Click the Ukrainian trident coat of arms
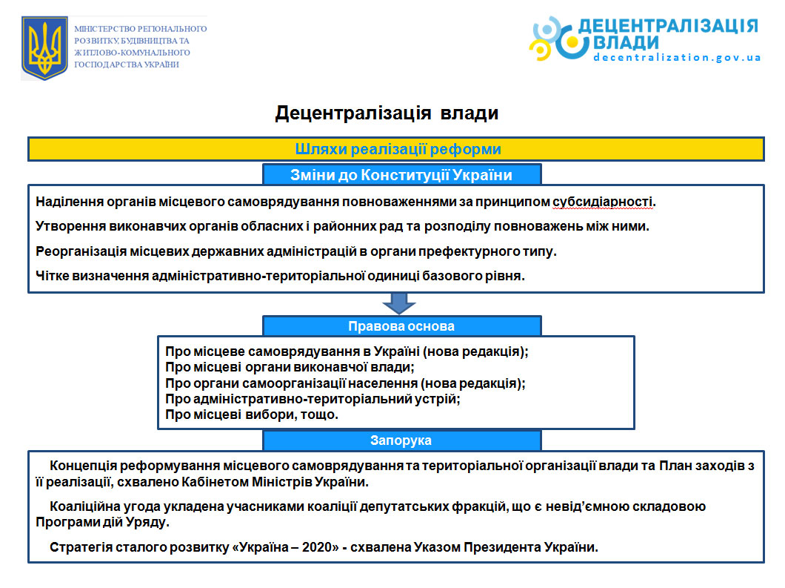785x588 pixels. (x=44, y=49)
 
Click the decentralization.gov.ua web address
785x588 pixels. (x=677, y=58)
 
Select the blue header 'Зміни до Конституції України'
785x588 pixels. (x=401, y=175)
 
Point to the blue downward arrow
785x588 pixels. (x=399, y=303)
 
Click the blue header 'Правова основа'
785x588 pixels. (x=401, y=326)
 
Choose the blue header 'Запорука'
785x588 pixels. (x=401, y=440)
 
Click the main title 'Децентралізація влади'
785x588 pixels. (x=387, y=113)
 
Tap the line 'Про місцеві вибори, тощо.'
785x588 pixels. (x=252, y=415)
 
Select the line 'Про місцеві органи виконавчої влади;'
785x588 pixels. (x=289, y=366)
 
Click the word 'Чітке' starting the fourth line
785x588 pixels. (x=51, y=277)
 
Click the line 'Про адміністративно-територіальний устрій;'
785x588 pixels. (x=313, y=399)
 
